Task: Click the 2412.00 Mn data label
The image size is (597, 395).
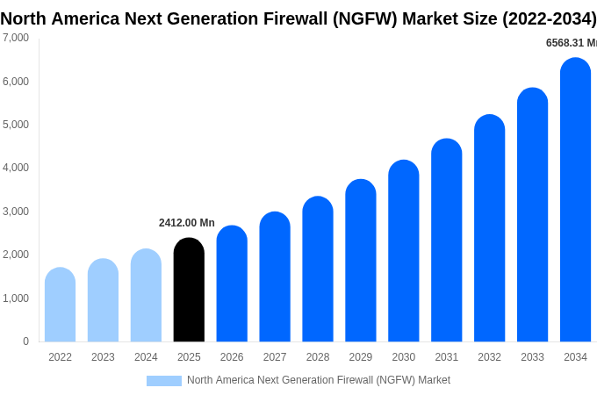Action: [186, 223]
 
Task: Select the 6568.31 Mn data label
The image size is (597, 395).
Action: [571, 43]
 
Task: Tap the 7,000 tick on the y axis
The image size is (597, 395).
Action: [15, 38]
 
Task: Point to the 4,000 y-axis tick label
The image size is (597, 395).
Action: [15, 168]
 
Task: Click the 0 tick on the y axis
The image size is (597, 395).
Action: [25, 341]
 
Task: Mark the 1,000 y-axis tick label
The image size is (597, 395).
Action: [15, 298]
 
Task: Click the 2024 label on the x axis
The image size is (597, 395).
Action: [146, 357]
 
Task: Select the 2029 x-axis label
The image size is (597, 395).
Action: [361, 357]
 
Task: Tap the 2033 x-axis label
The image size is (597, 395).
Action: [532, 357]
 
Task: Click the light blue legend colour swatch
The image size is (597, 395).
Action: [163, 381]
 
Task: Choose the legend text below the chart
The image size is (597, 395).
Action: [318, 380]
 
